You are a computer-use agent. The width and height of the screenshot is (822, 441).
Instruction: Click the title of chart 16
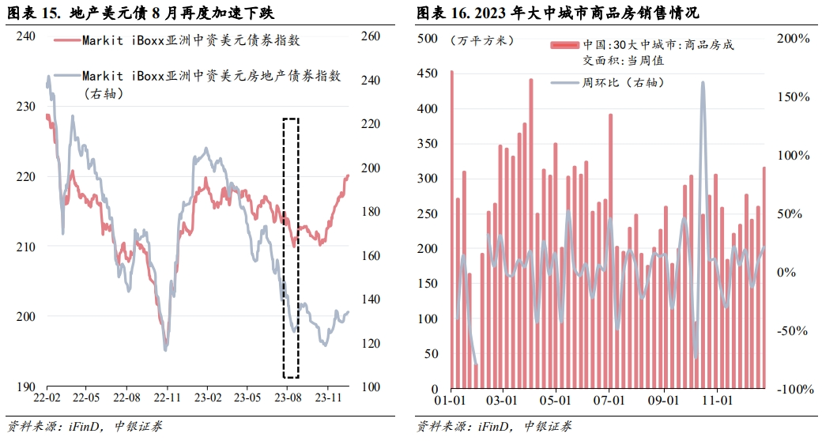pyautogui.click(x=556, y=13)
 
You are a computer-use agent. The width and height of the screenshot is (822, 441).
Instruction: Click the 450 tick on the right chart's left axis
pyautogui.click(x=431, y=73)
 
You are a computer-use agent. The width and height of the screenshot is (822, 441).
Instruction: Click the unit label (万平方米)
pyautogui.click(x=481, y=40)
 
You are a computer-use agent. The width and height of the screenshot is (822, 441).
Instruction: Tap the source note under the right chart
pyautogui.click(x=494, y=427)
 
